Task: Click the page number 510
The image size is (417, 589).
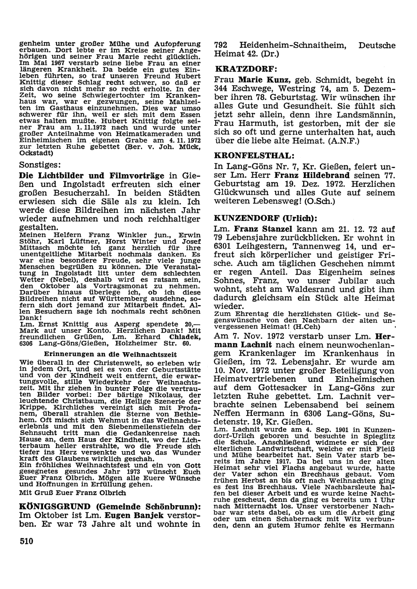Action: pos(26,541)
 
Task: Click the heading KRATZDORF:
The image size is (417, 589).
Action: pos(246,68)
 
